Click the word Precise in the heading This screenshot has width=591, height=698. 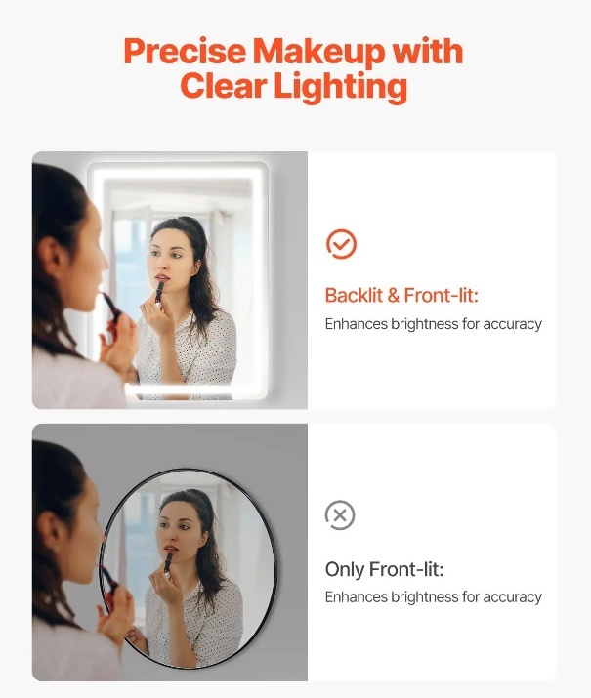[x=185, y=51]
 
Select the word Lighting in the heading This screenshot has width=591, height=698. [x=340, y=87]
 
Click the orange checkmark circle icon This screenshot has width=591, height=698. [x=341, y=244]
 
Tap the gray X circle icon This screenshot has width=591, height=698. [x=340, y=515]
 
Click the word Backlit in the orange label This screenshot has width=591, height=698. [x=354, y=295]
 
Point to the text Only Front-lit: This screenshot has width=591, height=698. [x=384, y=569]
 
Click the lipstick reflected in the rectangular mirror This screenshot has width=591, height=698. [x=159, y=292]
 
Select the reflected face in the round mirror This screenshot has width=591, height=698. [x=177, y=531]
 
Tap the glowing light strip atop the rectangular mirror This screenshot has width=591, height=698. [x=178, y=173]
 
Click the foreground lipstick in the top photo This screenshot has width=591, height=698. [x=111, y=307]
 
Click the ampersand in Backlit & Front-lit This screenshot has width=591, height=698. [x=394, y=296]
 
